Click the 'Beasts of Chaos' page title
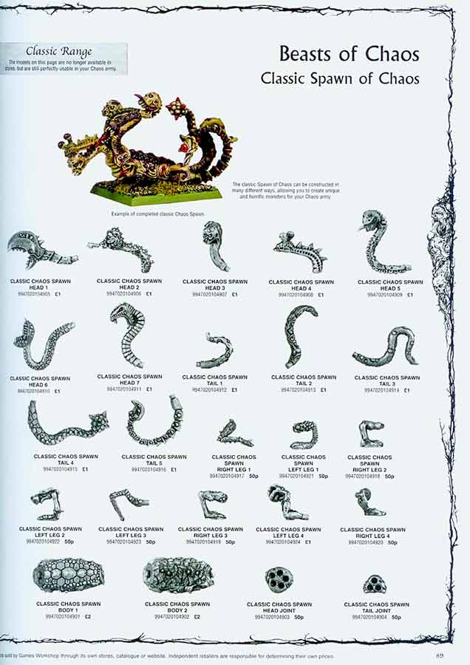349,54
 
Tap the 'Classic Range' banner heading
59,51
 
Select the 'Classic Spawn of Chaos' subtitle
340,78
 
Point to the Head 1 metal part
41,251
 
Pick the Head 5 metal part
381,243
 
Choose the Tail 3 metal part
384,346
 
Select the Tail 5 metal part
154,422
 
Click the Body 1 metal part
69,574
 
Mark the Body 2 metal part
177,574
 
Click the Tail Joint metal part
375,584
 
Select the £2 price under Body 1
87,616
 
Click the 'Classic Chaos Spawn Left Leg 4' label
288,533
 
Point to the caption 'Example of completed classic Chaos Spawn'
157,214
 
